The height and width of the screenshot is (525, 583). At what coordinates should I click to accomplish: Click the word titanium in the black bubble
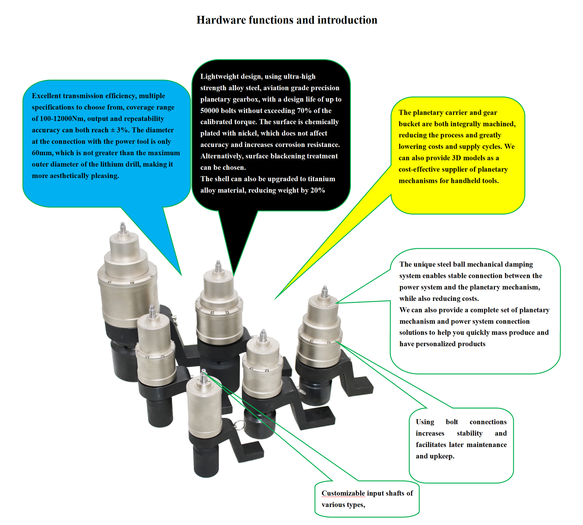[x=321, y=179]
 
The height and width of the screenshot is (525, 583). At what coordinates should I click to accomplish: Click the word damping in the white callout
[x=518, y=265]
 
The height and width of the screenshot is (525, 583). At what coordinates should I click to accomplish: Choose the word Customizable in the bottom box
[x=343, y=493]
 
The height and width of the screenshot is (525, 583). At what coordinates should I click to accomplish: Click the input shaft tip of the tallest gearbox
[x=122, y=224]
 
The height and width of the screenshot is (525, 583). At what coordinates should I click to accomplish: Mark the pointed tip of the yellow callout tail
[x=275, y=299]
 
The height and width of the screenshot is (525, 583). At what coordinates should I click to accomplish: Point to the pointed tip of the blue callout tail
[x=181, y=276]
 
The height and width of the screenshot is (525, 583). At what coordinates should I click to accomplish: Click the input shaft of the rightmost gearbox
[x=325, y=291]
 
